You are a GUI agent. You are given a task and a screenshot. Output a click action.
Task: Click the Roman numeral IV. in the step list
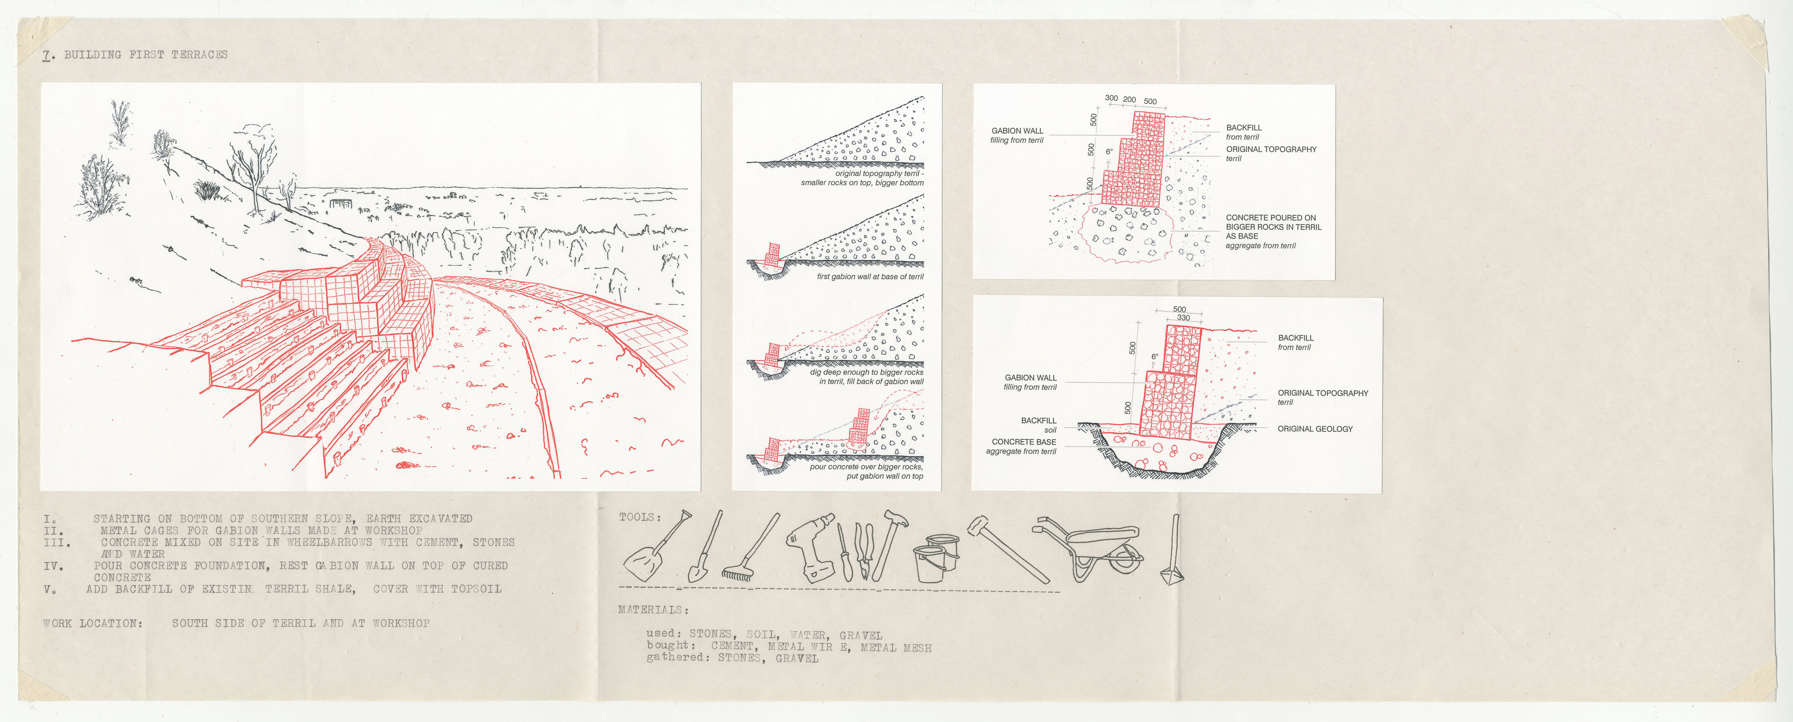tap(54, 566)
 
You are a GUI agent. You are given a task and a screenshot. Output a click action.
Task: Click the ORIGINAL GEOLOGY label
tap(1315, 429)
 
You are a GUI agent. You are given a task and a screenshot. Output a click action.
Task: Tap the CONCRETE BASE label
tap(1024, 442)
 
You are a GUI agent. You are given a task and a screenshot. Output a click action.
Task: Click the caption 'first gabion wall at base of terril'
tap(870, 277)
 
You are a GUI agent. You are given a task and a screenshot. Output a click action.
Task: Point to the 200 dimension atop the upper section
tap(1129, 99)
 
